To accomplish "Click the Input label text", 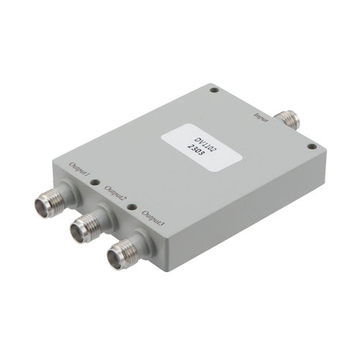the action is point(261,117).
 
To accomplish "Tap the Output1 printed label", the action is point(79,171).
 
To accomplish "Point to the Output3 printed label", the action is point(153,219).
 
